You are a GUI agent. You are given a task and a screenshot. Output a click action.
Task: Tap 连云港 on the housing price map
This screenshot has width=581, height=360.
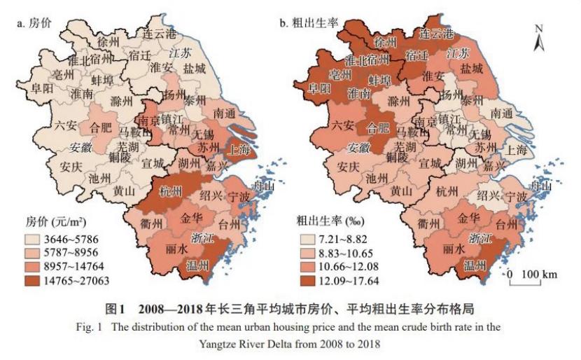pos(161,34)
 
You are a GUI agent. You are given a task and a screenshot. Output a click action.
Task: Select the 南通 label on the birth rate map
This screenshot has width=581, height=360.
pos(506,112)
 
